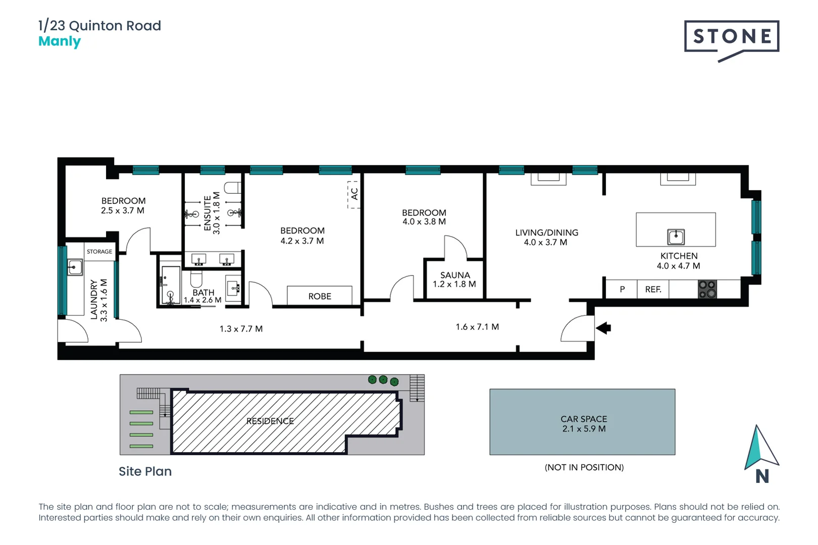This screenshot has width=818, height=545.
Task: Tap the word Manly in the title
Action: [x=60, y=41]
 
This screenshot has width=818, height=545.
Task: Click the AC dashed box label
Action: [x=354, y=194]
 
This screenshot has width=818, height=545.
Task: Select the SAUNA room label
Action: [x=454, y=275]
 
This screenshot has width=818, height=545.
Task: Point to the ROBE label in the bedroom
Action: [x=320, y=296]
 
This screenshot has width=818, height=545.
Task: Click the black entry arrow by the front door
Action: [x=604, y=328]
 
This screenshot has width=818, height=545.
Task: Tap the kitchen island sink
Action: [x=676, y=237]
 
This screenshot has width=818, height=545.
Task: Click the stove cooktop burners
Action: [x=707, y=289]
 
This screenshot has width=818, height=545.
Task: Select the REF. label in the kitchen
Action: [x=653, y=290]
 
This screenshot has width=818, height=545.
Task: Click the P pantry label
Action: [x=622, y=290]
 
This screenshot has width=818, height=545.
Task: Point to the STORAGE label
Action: [x=99, y=252]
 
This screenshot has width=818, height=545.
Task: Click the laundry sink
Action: [x=75, y=266]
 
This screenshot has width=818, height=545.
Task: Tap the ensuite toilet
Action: [x=233, y=188]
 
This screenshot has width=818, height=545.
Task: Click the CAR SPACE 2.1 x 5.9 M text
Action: [x=584, y=424]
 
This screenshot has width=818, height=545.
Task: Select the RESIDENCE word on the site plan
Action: [x=270, y=421]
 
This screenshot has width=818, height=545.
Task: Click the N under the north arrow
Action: [x=762, y=476]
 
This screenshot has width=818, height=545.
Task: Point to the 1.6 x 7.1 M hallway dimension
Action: [x=477, y=327]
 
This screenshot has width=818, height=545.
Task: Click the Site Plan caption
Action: [x=145, y=471]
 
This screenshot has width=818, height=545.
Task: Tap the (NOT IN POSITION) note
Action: [x=584, y=467]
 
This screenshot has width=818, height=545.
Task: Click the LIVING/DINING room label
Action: [x=546, y=233]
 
